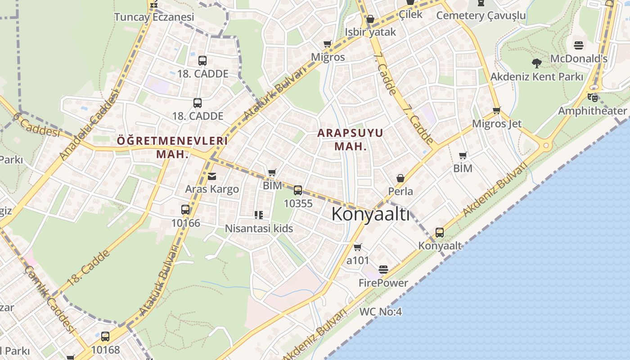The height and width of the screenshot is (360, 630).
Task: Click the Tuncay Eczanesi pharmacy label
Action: click(154, 17)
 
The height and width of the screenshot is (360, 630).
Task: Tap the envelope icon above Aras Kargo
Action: click(212, 176)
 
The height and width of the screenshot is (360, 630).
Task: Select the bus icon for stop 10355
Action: click(298, 190)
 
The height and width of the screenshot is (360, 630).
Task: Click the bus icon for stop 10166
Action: click(185, 210)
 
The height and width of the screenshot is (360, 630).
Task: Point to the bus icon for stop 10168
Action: click(105, 337)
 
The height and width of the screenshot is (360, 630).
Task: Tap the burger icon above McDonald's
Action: click(579, 45)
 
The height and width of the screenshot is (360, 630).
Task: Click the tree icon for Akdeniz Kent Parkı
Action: click(536, 63)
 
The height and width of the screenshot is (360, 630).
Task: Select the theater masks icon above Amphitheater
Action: click(593, 97)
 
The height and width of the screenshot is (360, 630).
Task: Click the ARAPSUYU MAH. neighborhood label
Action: click(350, 139)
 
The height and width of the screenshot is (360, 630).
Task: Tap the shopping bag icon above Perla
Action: click(400, 179)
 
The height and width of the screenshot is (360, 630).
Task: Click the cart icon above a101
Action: click(358, 247)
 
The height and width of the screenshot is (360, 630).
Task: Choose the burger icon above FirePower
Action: click(383, 270)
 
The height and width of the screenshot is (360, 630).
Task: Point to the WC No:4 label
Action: click(380, 311)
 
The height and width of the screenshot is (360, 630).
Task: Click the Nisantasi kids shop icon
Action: click(258, 215)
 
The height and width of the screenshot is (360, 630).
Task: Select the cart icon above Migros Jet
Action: click(497, 111)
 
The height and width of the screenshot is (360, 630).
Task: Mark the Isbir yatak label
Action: click(370, 32)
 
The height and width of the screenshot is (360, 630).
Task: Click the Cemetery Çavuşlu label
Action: click(481, 16)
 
